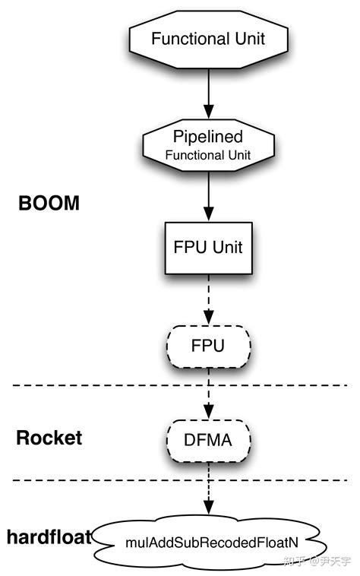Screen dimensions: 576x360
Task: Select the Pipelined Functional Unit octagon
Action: [207, 145]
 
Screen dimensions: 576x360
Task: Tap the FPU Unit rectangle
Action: [207, 247]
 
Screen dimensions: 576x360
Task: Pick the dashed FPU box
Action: [207, 346]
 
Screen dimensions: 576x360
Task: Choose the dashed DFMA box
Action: [207, 438]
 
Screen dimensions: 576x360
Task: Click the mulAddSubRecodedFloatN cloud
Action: [208, 544]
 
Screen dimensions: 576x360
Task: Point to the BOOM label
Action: [49, 204]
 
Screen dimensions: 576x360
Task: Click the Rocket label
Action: [49, 438]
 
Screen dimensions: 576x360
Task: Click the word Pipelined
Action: [207, 138]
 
